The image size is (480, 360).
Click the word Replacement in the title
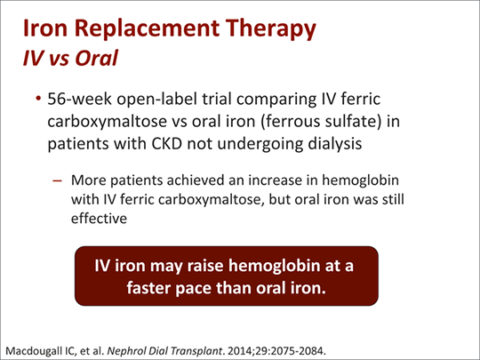click(x=147, y=28)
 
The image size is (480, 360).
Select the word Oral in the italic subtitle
click(x=97, y=58)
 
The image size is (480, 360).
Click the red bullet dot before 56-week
click(x=38, y=99)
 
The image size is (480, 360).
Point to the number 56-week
click(x=79, y=99)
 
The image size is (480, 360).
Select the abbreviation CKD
click(x=167, y=144)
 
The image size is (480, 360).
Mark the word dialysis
click(x=335, y=144)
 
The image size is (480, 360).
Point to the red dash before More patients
click(x=57, y=180)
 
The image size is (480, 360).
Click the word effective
click(x=99, y=219)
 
